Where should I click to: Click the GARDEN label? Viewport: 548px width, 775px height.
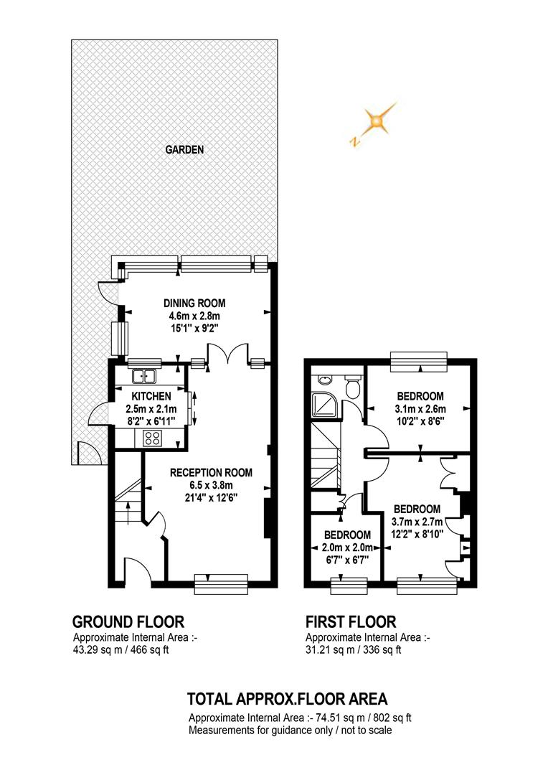[184, 150]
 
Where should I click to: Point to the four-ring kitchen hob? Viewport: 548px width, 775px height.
[152, 438]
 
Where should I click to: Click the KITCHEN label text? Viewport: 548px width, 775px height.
[151, 396]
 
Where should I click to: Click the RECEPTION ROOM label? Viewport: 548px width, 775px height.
[211, 472]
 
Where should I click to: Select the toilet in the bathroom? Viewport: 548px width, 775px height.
[352, 387]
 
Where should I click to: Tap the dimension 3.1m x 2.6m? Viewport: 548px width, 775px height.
[419, 409]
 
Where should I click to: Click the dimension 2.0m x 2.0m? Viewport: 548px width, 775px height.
[347, 548]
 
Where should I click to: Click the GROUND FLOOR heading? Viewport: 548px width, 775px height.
[128, 621]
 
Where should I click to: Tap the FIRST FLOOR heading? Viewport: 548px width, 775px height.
[351, 621]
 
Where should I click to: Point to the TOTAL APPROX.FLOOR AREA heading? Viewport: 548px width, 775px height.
[287, 698]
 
